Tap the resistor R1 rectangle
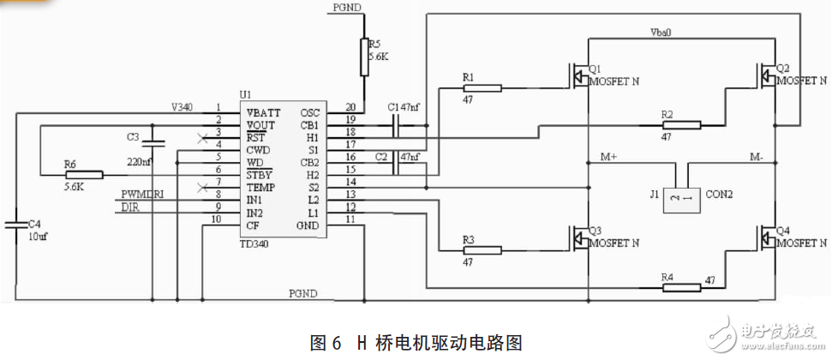coord(482,87)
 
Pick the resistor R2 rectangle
coord(680,125)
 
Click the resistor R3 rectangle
coord(482,251)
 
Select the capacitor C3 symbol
coord(151,144)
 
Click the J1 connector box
coord(685,196)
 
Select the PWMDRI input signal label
coord(142,195)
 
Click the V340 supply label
coord(181,107)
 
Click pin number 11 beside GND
coord(350,220)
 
